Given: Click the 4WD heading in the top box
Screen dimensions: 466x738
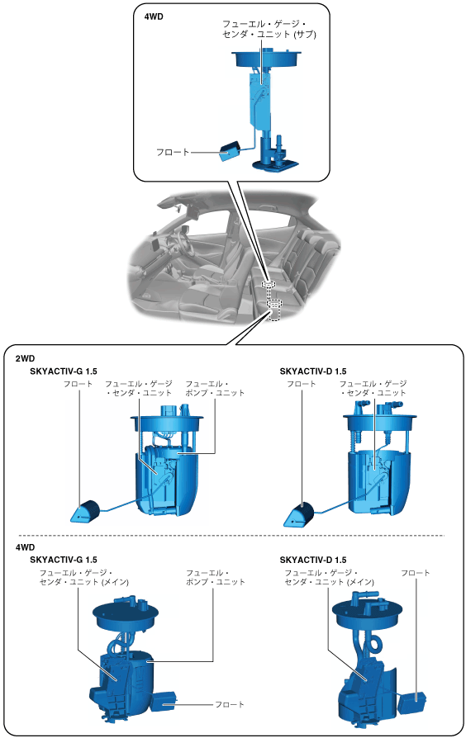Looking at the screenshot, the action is (154, 17).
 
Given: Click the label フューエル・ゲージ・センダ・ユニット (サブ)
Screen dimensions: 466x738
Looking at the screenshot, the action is (269, 29).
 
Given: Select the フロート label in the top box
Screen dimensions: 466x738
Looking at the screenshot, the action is (173, 152).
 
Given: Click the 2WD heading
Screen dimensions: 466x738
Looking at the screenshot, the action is (25, 358).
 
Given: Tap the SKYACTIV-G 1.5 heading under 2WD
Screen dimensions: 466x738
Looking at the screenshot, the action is (64, 371).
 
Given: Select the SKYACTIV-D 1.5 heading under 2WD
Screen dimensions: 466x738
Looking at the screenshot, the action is (313, 371).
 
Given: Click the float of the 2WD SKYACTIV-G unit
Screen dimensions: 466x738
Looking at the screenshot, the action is (85, 512).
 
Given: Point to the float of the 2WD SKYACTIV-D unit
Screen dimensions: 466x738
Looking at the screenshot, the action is (298, 514).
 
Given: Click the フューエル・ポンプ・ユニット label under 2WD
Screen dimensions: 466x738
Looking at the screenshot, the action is (215, 388).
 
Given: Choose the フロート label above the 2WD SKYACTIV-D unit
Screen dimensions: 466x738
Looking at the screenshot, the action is (301, 384).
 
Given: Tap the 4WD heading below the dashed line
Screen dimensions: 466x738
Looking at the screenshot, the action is (25, 547).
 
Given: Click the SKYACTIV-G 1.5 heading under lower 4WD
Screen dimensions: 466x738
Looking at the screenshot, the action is (64, 560).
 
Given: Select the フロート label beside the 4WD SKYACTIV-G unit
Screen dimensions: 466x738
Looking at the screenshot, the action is (230, 704).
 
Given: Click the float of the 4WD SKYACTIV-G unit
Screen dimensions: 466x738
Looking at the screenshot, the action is (164, 702).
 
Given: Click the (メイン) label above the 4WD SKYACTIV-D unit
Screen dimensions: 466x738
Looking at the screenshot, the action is (361, 582).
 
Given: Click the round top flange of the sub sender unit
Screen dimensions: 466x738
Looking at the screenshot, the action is (267, 59).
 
